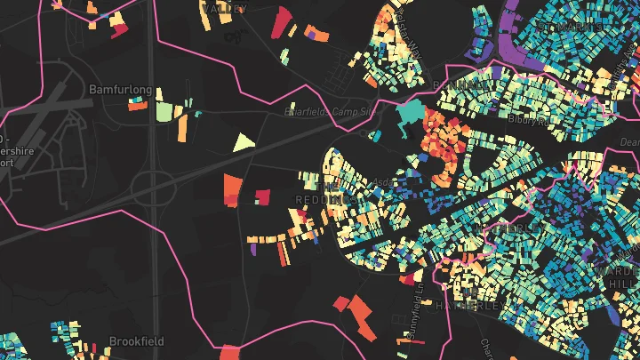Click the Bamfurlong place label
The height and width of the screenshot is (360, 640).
pos(121,90)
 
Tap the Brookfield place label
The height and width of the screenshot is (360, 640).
pos(138,340)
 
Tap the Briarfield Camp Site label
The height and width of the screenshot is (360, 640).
pos(327,112)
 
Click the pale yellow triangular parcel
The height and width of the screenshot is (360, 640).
pos(243,142)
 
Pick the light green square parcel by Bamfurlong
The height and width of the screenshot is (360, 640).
pos(164,112)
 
